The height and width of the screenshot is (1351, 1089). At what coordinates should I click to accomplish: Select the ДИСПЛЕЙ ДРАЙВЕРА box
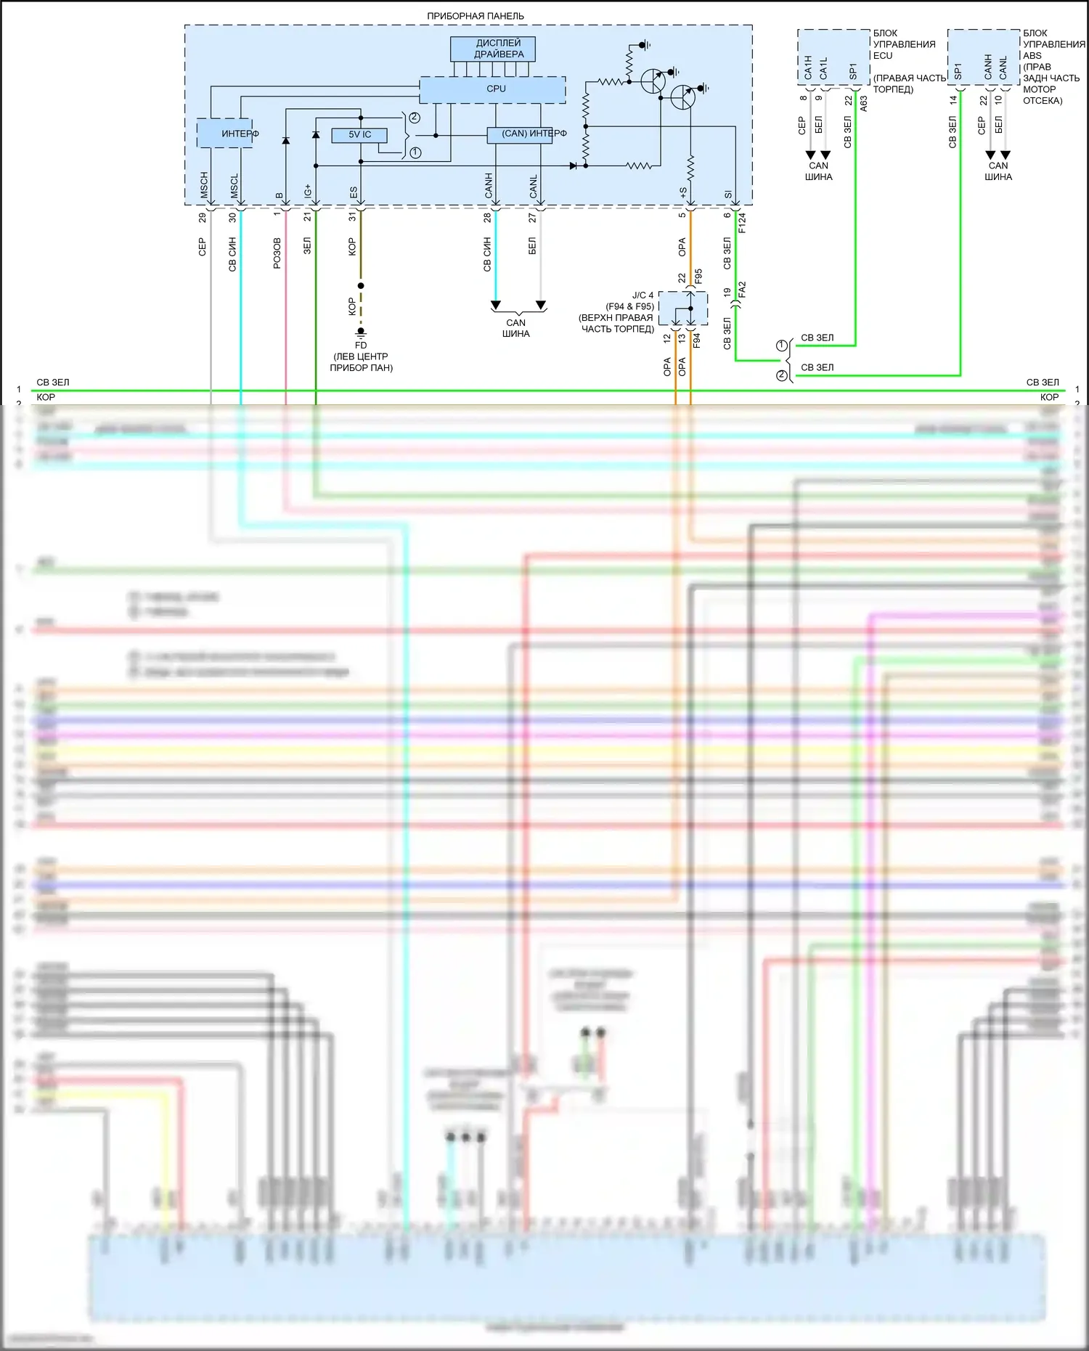point(493,49)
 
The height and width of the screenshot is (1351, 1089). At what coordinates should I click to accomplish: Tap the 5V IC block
point(359,135)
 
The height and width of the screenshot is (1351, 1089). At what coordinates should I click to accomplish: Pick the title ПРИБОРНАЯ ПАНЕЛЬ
point(475,16)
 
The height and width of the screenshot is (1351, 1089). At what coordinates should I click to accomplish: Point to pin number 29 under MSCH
point(203,217)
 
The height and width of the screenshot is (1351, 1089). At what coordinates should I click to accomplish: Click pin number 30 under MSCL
point(232,217)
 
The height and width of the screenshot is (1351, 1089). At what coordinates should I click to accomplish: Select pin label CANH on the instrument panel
point(489,185)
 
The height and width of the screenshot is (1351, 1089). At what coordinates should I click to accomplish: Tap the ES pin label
point(353,192)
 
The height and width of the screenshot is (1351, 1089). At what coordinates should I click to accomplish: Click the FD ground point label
point(361,346)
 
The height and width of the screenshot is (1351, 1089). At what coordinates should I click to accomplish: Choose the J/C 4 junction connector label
point(643,295)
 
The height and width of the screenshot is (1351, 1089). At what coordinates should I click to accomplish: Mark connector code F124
point(742,223)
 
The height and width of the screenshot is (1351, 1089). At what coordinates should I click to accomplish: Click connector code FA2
point(742,290)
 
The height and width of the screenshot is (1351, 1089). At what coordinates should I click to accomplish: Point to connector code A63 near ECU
point(864,103)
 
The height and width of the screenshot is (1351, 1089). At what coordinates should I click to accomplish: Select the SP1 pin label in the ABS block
point(958,71)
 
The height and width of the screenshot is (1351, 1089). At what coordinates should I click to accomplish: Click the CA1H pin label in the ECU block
point(808,68)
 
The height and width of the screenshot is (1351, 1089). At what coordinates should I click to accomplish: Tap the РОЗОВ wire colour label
point(277,253)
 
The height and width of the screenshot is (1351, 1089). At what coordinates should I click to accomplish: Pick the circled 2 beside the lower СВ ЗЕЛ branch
point(782,375)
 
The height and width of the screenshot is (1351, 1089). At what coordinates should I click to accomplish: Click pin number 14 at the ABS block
point(953,100)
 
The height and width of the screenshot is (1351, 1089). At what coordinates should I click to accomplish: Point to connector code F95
point(698,277)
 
